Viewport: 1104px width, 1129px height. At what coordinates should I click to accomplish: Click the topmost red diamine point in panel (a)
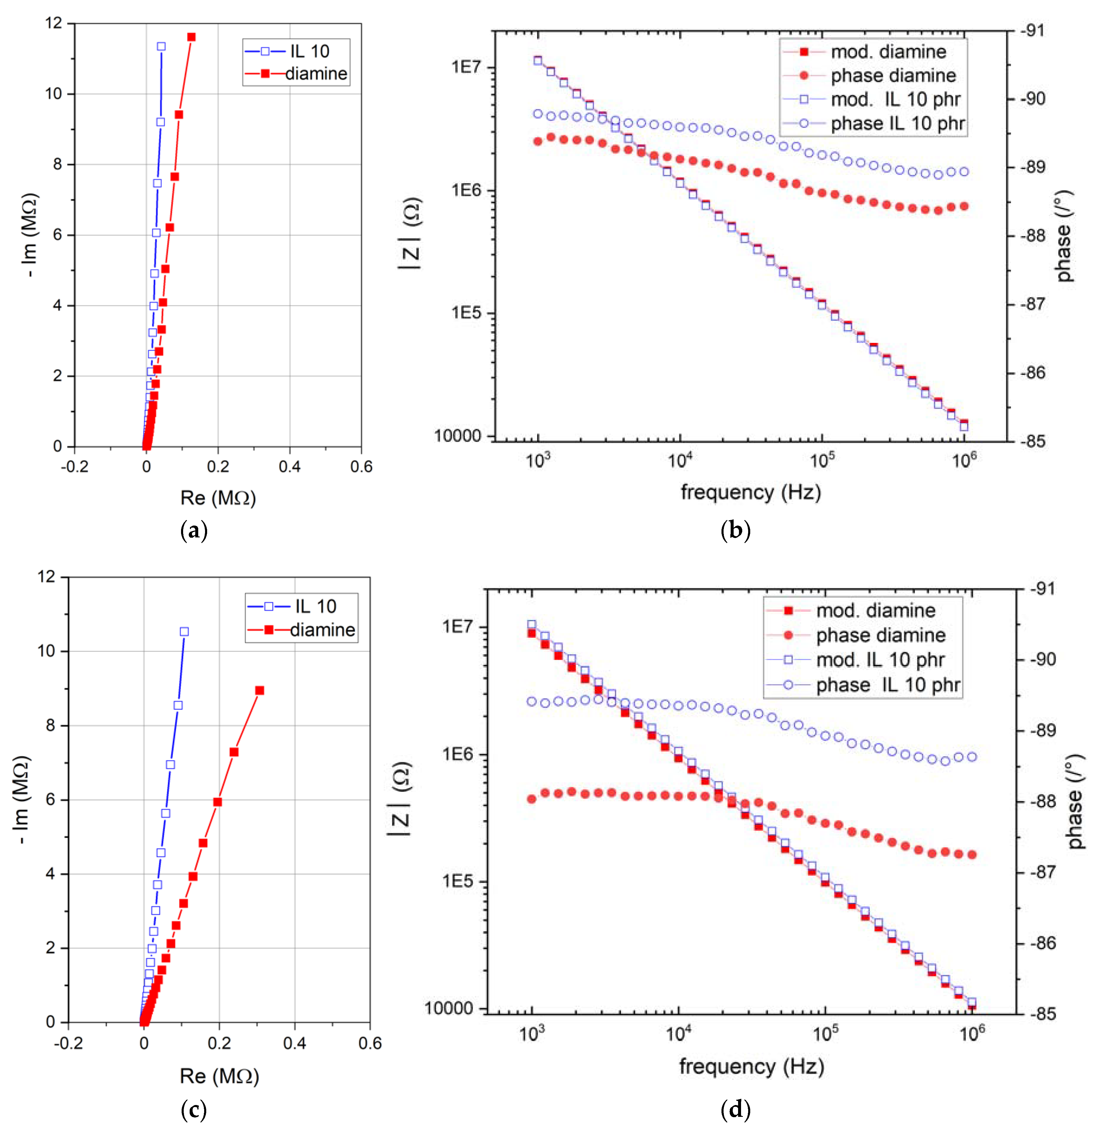click(191, 37)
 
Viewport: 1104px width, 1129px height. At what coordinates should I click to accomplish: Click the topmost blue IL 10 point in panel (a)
click(161, 46)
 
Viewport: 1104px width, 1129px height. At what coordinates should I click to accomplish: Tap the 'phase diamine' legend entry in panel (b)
click(893, 75)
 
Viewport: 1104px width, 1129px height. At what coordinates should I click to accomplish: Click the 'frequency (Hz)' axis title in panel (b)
click(750, 492)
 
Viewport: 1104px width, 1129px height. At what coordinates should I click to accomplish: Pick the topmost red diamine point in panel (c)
click(260, 690)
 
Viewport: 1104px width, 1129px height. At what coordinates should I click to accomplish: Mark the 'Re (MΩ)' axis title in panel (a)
click(218, 497)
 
